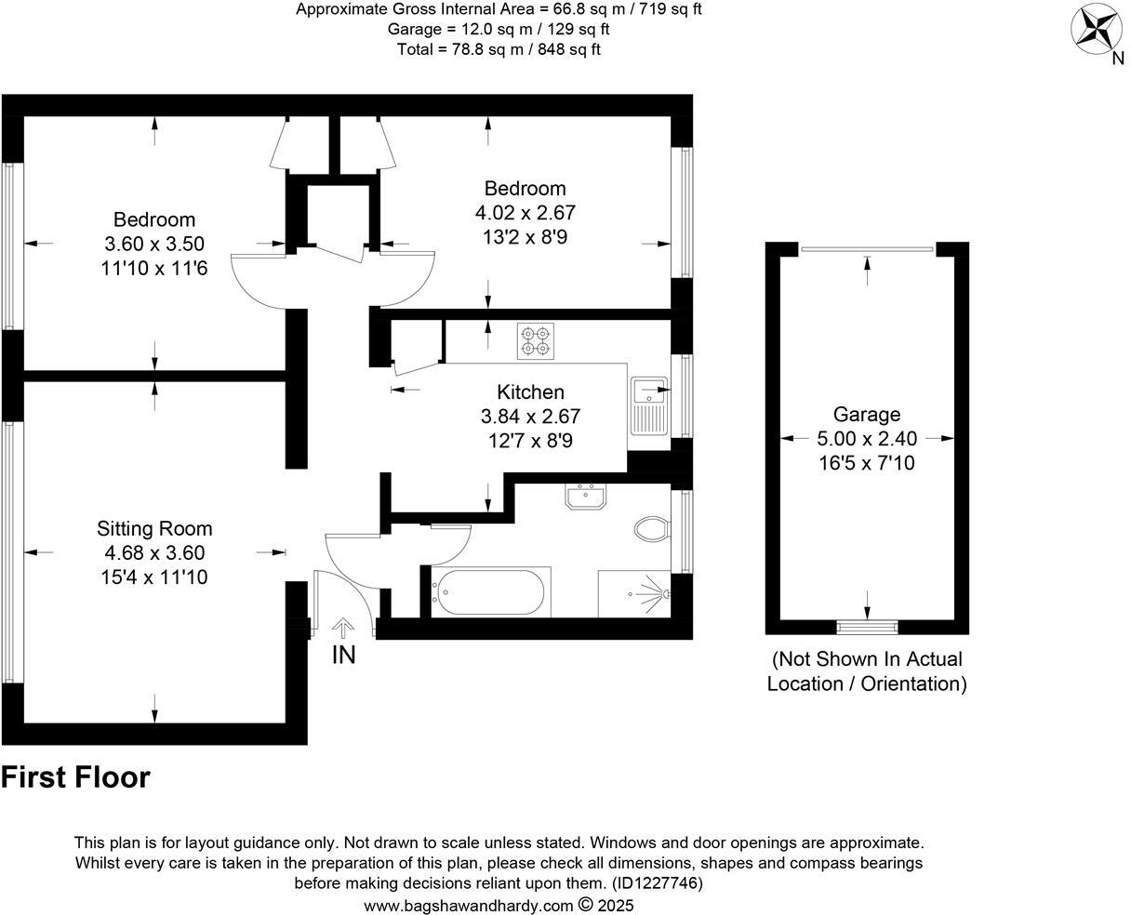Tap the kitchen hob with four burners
[x=535, y=340]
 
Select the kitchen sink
[x=647, y=405]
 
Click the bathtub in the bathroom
[x=490, y=591]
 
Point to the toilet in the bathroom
[x=653, y=530]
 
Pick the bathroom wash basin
[x=586, y=497]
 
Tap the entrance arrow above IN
[x=343, y=629]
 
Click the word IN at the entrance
[x=344, y=656]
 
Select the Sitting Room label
[x=154, y=528]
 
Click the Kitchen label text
[x=530, y=392]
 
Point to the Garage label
[x=866, y=415]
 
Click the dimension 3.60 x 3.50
[x=154, y=245]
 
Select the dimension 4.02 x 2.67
[x=531, y=213]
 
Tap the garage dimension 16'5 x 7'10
[x=866, y=462]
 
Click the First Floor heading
[x=75, y=777]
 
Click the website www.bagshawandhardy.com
[x=468, y=905]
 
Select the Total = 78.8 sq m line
[x=499, y=49]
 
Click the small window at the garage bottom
[x=867, y=626]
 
